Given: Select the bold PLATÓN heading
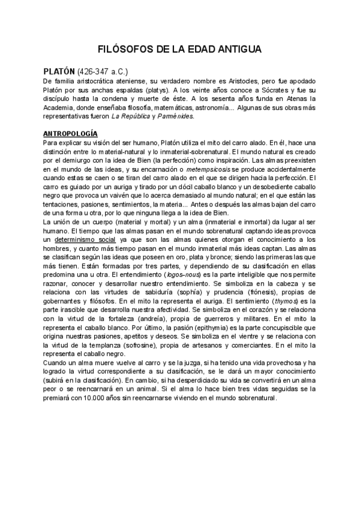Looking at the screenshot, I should coord(59,71).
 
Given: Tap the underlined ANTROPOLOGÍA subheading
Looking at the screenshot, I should coord(71,133).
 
